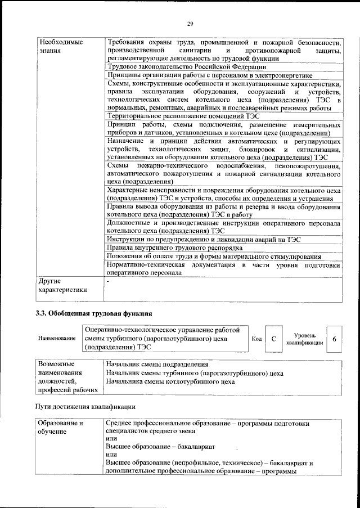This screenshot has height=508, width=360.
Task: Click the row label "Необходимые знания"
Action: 57,47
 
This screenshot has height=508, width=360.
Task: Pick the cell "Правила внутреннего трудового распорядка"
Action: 174,248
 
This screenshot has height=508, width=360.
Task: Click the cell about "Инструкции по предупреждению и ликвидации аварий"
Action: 204,239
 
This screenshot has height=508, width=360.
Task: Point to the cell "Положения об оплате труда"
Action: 218,257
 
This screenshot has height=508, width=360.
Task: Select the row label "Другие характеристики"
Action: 62,285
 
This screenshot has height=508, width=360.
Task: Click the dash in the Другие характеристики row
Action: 107,281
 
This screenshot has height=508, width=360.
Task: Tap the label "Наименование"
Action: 57,339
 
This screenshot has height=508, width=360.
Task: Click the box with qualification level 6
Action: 334,339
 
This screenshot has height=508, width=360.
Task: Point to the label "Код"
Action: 256,339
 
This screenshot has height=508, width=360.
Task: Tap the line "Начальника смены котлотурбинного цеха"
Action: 170,381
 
